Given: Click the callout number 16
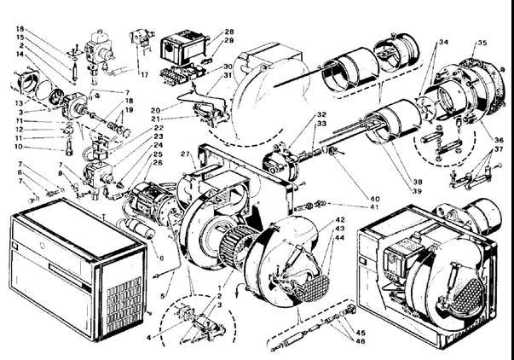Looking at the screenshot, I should pos(19,28).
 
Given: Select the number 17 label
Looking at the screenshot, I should pos(144,74).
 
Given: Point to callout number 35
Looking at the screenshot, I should pos(482,42).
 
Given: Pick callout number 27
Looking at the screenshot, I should pos(184,154).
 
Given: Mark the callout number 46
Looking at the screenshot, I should pos(360,340).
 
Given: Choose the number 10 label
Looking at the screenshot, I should pos(19,147).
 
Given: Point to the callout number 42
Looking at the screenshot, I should pos(340,220).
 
